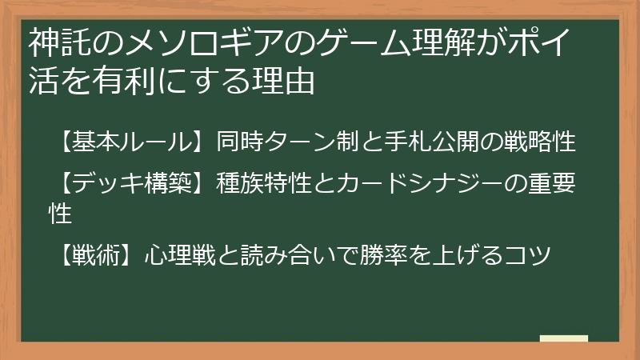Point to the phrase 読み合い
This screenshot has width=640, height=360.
coord(278,255)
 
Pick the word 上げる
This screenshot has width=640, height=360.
coord(467,255)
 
